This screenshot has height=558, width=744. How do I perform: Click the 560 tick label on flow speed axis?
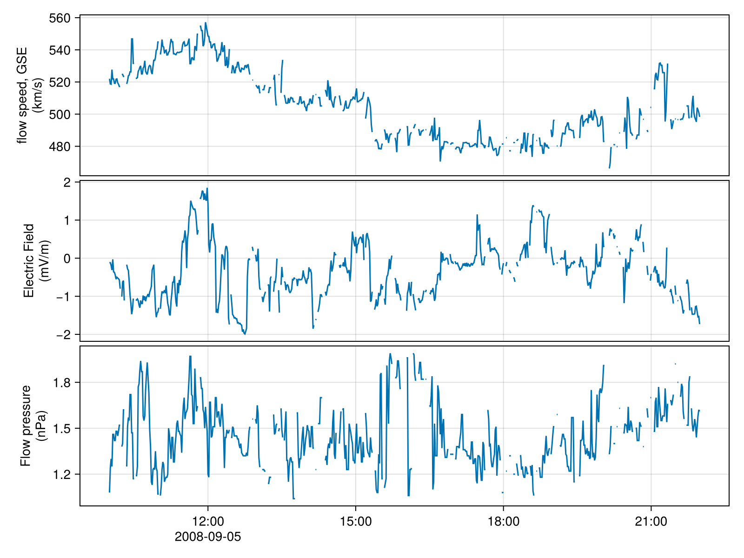tap(59, 18)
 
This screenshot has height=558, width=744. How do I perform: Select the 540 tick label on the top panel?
tap(59, 50)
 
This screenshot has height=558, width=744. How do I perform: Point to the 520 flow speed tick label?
tap(59, 82)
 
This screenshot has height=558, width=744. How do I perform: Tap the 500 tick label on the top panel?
tap(59, 114)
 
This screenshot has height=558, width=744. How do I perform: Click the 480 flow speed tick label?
tap(59, 146)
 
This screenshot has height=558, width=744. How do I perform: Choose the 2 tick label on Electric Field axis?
tap(67, 183)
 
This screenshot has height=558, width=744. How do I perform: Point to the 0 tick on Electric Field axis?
tap(67, 259)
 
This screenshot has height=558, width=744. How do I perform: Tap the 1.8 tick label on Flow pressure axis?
tap(63, 383)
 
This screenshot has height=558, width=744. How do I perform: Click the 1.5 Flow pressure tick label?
tap(63, 428)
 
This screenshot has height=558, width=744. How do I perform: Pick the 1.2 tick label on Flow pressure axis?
tap(63, 474)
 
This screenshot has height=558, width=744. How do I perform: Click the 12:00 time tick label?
tap(208, 522)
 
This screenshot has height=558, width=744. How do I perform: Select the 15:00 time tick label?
tap(356, 522)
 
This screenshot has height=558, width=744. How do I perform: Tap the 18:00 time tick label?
tap(504, 522)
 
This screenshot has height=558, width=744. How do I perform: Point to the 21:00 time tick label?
tap(651, 522)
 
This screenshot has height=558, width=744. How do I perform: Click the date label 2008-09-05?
tap(208, 537)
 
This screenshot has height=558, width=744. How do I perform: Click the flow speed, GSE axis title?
tap(29, 95)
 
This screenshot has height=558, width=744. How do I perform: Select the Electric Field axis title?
tap(35, 260)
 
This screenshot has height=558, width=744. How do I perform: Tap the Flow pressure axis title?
tap(33, 425)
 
